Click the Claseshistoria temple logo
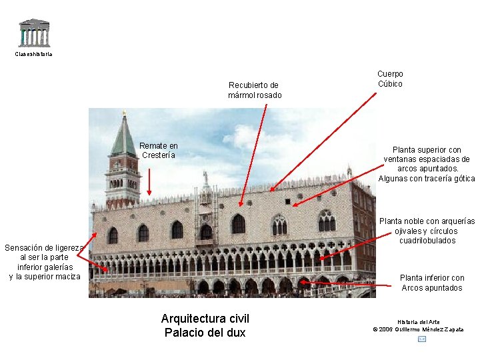coord(33,33)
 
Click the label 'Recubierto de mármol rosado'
coord(254,90)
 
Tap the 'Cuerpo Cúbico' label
coord(390,79)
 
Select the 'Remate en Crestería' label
coord(159,151)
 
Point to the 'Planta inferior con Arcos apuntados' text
coord(431,283)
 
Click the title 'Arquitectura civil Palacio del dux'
coord(205,325)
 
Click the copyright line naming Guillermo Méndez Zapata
coord(418,329)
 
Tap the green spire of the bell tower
coord(123,138)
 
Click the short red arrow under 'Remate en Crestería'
coord(149,181)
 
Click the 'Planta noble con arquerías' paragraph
coord(427,231)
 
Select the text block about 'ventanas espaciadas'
coord(427,164)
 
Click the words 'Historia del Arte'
coord(418,322)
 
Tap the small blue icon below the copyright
coord(421,339)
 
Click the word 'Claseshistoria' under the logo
coord(33,54)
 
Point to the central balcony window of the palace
coord(206,231)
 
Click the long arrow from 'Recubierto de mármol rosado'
coord(253,153)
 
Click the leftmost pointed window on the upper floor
coord(113,235)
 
